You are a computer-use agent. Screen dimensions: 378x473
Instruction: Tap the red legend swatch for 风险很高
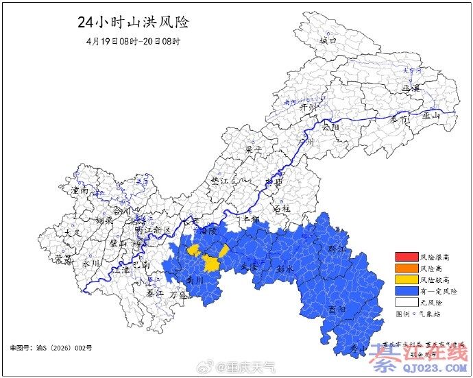[405, 257]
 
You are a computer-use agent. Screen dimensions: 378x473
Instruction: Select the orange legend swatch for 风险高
[405, 268]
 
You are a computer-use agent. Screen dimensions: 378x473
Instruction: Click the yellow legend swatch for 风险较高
[405, 279]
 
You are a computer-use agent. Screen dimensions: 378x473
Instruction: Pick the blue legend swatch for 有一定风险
[405, 290]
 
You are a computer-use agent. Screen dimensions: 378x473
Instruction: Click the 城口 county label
[328, 40]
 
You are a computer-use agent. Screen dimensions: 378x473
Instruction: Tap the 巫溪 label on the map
[410, 88]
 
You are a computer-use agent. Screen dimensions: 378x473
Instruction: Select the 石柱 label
[282, 207]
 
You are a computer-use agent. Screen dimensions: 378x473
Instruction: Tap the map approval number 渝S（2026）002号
[51, 348]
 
